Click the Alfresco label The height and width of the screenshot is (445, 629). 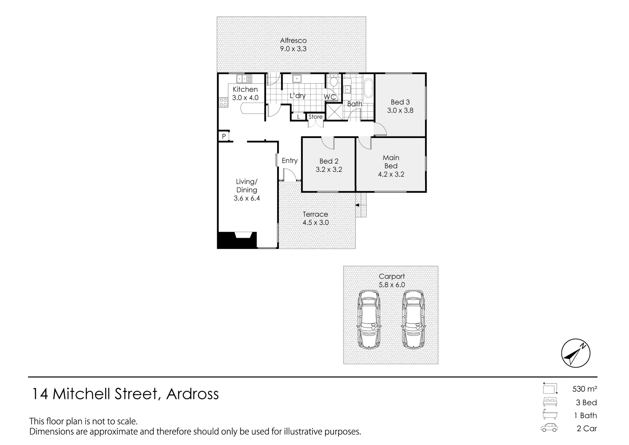(x=293, y=41)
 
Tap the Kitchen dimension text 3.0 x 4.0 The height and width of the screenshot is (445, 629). (x=245, y=98)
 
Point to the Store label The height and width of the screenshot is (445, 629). (x=316, y=117)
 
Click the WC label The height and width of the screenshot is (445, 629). (x=330, y=97)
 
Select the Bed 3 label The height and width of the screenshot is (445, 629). (x=400, y=102)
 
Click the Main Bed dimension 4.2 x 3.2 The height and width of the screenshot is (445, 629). (x=391, y=174)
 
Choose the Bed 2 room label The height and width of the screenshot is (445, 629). (x=329, y=161)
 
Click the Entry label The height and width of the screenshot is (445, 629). (x=290, y=161)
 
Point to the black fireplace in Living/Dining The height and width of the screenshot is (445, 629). (x=236, y=241)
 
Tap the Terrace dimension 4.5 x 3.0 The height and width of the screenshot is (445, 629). (x=316, y=223)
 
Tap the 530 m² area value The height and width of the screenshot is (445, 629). (x=585, y=389)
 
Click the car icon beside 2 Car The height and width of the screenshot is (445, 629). (x=549, y=428)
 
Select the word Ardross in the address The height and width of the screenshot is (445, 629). (x=192, y=394)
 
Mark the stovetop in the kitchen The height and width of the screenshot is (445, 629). (x=223, y=102)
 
